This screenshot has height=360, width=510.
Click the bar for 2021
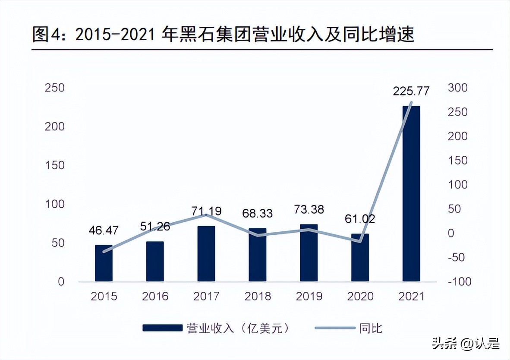(411, 194)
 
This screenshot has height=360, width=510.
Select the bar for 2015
(104, 263)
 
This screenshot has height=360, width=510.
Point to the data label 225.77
(411, 91)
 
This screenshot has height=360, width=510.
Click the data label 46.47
(104, 231)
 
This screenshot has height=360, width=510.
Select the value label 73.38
(309, 209)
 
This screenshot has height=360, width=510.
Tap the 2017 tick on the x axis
(206, 296)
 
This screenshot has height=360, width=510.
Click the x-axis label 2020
(360, 296)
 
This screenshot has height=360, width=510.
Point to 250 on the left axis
(55, 88)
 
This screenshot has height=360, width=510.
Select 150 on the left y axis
(55, 165)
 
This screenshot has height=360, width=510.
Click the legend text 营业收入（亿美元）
(238, 328)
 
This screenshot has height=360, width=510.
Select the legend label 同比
(371, 328)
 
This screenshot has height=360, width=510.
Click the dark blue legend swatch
(162, 328)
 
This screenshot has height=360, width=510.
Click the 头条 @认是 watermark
(466, 344)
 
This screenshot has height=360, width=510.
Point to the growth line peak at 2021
(411, 103)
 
